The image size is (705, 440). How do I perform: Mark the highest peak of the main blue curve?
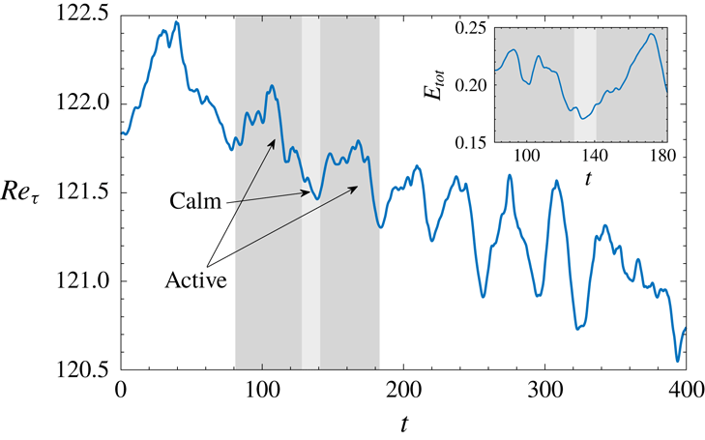click(x=175, y=21)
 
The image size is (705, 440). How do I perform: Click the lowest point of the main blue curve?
click(x=677, y=361)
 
